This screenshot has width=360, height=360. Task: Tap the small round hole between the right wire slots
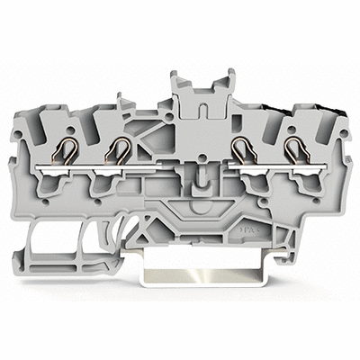pos(266,130)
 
